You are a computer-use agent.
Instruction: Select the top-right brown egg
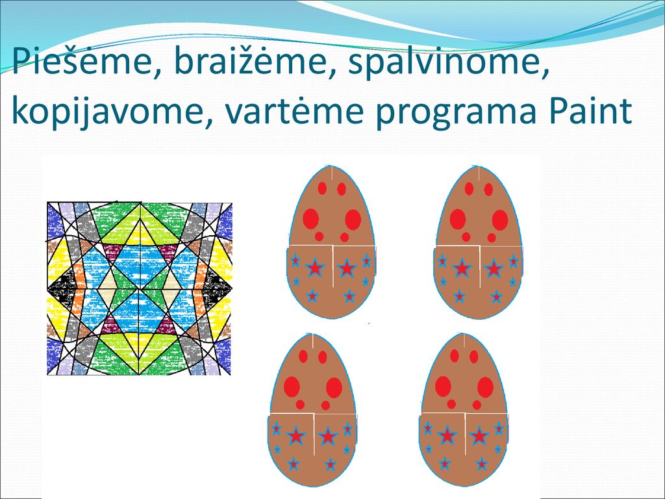479,242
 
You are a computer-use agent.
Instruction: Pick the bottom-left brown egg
312,410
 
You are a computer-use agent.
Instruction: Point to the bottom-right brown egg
464,410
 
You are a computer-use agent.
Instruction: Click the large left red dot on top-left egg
310,219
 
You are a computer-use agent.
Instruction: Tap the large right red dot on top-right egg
500,220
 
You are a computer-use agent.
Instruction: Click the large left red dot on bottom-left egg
292,387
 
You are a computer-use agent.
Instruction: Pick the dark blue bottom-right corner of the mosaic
223,357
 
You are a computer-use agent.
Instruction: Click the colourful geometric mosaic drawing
139,288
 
